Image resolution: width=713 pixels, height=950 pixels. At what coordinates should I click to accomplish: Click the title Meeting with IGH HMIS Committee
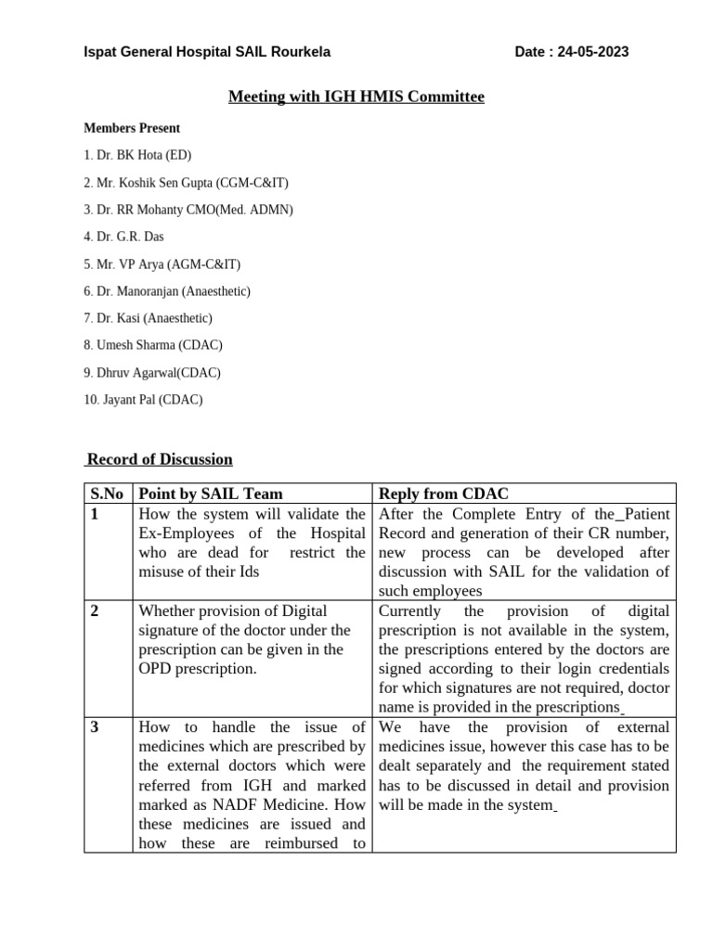click(356, 96)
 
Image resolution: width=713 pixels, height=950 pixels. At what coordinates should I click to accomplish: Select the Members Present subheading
click(132, 128)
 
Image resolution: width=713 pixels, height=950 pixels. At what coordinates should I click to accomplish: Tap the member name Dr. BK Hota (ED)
click(137, 155)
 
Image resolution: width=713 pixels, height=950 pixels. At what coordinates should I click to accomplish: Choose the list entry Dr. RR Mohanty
click(188, 210)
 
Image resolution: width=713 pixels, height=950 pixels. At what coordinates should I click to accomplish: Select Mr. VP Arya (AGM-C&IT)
click(162, 264)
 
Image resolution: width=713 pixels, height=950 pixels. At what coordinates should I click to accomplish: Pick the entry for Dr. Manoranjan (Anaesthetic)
click(167, 291)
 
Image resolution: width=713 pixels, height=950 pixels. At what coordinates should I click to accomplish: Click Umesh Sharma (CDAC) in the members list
click(153, 345)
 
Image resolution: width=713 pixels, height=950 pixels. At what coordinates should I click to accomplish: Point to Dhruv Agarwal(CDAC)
click(152, 373)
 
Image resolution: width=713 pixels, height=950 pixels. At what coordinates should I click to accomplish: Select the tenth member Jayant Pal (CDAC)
click(143, 400)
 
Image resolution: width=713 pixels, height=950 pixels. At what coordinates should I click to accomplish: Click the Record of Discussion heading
click(159, 459)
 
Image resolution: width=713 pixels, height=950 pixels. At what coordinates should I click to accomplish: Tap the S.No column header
click(108, 494)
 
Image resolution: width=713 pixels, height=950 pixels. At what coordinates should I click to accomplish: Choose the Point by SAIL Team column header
click(211, 494)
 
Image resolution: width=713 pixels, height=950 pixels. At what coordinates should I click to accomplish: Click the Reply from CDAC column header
click(444, 494)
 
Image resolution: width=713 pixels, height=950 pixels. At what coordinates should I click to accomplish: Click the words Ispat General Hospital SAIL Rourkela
click(207, 52)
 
